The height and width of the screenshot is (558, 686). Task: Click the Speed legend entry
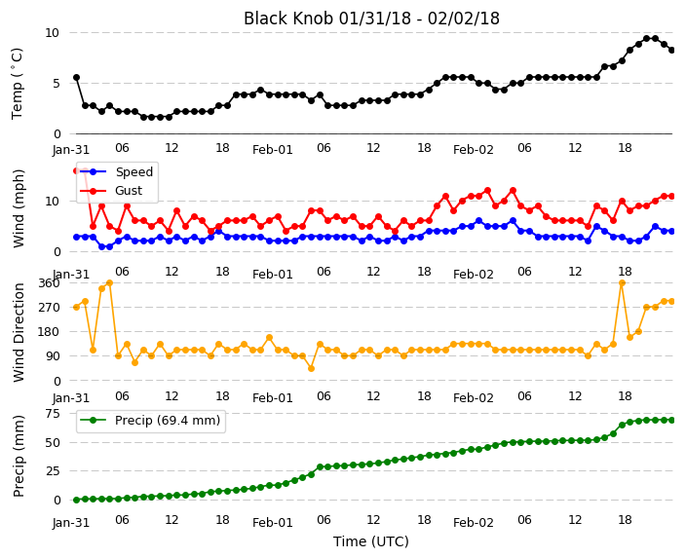click(116, 171)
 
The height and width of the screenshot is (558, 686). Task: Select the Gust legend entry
click(111, 191)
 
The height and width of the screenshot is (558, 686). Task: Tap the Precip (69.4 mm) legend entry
click(150, 421)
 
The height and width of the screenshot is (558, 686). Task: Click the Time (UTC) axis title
click(371, 541)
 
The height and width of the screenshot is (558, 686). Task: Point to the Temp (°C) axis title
click(17, 83)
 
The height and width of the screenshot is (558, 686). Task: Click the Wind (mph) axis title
click(19, 208)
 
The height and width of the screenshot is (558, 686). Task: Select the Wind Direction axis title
click(19, 332)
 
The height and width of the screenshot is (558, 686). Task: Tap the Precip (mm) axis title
click(19, 456)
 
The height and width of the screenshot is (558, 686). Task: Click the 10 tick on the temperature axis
click(52, 33)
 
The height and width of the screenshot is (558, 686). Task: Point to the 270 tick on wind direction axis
click(50, 308)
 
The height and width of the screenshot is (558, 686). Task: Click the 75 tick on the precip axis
click(52, 414)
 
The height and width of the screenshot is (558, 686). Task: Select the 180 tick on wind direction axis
click(50, 332)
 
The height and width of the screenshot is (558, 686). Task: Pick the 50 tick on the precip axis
click(52, 442)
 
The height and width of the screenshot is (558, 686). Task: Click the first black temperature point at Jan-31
click(77, 77)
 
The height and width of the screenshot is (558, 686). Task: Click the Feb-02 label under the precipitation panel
click(474, 523)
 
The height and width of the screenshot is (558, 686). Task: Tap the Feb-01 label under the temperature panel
click(273, 150)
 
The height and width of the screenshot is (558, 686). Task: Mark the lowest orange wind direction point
click(312, 369)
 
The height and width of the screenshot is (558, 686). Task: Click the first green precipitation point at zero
click(77, 500)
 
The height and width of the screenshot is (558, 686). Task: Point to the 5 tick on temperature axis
click(57, 84)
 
